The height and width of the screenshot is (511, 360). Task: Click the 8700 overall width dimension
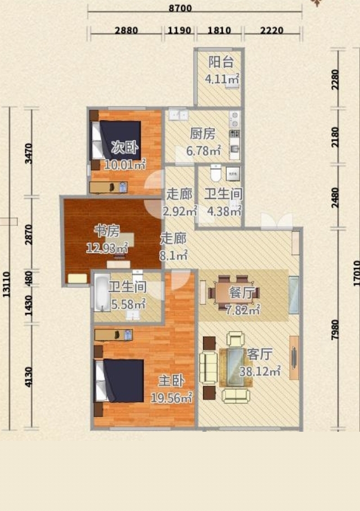tap(180, 8)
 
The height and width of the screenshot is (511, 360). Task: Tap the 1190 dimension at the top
tap(179, 30)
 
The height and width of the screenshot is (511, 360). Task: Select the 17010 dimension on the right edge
tap(356, 275)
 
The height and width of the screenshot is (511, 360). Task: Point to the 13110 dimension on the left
tap(6, 284)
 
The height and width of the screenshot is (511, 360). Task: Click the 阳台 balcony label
tap(220, 62)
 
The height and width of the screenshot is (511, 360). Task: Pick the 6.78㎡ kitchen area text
tap(204, 151)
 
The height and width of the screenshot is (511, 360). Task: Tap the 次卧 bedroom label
tap(124, 148)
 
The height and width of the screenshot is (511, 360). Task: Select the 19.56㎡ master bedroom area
tap(172, 398)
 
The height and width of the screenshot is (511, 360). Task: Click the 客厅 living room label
tap(259, 354)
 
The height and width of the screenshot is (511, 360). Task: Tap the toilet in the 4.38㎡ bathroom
tap(215, 173)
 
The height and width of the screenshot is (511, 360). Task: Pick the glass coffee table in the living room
tap(236, 367)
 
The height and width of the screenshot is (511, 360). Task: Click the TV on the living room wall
tap(294, 358)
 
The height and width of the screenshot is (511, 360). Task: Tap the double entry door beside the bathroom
tap(277, 220)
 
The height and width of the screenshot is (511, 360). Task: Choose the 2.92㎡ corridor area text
tap(179, 211)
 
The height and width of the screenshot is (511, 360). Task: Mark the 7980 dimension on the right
tap(335, 330)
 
